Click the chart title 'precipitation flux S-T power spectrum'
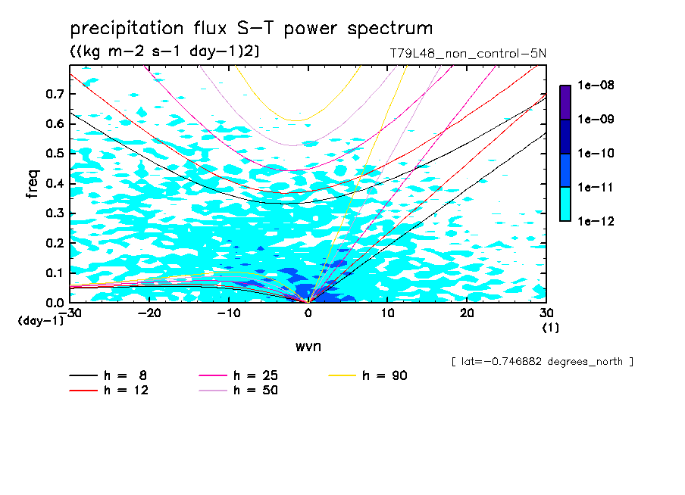(x=252, y=29)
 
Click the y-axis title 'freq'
(x=32, y=184)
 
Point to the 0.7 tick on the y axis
(x=55, y=94)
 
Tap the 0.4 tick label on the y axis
(x=55, y=184)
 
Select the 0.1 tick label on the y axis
(x=55, y=272)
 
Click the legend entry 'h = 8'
(x=127, y=375)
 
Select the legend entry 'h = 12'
(x=127, y=391)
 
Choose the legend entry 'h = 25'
(x=256, y=375)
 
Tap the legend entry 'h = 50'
(x=256, y=391)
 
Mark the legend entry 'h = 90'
(x=385, y=375)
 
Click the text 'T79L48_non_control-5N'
(x=466, y=53)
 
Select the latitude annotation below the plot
(x=542, y=362)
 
